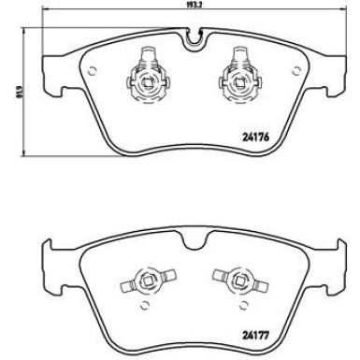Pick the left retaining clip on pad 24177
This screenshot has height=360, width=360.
[144, 279]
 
